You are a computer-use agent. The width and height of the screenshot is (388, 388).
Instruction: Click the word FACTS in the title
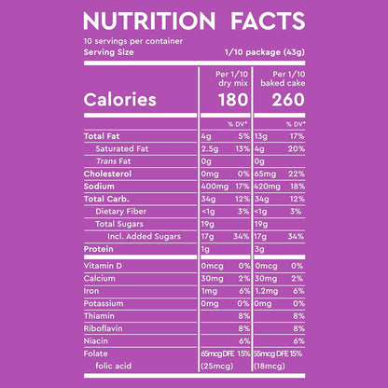coord(268,21)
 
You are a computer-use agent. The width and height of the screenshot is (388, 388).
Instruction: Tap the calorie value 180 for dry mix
coord(233,100)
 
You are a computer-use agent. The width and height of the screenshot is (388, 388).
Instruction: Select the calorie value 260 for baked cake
coord(288,100)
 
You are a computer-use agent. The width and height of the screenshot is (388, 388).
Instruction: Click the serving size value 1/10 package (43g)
coord(265,52)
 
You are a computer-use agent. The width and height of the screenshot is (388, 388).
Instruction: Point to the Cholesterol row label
coord(107,173)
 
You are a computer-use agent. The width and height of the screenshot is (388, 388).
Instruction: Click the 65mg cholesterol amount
coord(265,174)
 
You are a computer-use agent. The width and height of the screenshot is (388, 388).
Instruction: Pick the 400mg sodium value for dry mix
coord(215,187)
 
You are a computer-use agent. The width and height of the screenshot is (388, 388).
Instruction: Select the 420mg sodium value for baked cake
coord(268,187)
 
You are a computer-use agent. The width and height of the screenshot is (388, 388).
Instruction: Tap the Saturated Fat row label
coord(122,148)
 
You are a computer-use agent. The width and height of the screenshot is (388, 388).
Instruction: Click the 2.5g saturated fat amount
coord(210,149)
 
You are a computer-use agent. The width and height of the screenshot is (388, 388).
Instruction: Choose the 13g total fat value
coord(261,136)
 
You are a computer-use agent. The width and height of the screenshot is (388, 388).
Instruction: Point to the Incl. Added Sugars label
coord(144,236)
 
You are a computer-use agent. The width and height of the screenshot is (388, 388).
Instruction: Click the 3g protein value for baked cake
coord(259,249)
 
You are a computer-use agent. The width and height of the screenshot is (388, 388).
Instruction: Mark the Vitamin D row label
coord(103,266)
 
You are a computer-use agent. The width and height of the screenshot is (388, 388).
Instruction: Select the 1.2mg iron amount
coord(266,291)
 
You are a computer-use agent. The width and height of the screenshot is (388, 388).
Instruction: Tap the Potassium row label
coord(104,303)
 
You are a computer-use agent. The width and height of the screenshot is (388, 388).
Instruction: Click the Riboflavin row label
coord(103,328)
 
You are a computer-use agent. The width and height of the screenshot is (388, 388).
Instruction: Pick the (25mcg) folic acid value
coord(217,367)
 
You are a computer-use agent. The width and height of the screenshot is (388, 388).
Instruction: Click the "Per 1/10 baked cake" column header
coord(283,78)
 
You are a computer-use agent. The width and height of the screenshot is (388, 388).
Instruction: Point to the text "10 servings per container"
coord(133,41)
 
